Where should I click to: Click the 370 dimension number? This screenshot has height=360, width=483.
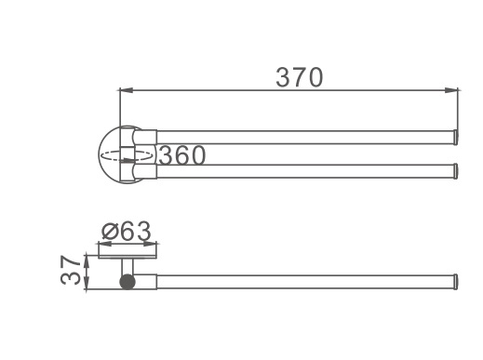click(x=300, y=77)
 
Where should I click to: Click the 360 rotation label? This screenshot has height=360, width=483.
click(x=182, y=155)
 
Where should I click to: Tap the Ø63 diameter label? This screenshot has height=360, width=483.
click(x=127, y=231)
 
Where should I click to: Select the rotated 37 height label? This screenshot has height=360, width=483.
click(x=71, y=270)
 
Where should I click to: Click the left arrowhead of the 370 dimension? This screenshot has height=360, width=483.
click(x=126, y=90)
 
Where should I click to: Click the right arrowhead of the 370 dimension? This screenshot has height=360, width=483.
click(x=451, y=90)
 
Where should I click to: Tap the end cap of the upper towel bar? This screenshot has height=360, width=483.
click(x=456, y=138)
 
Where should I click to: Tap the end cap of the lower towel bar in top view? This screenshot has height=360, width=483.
click(x=456, y=171)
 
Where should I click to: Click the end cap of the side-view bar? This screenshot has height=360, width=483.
click(x=456, y=282)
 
